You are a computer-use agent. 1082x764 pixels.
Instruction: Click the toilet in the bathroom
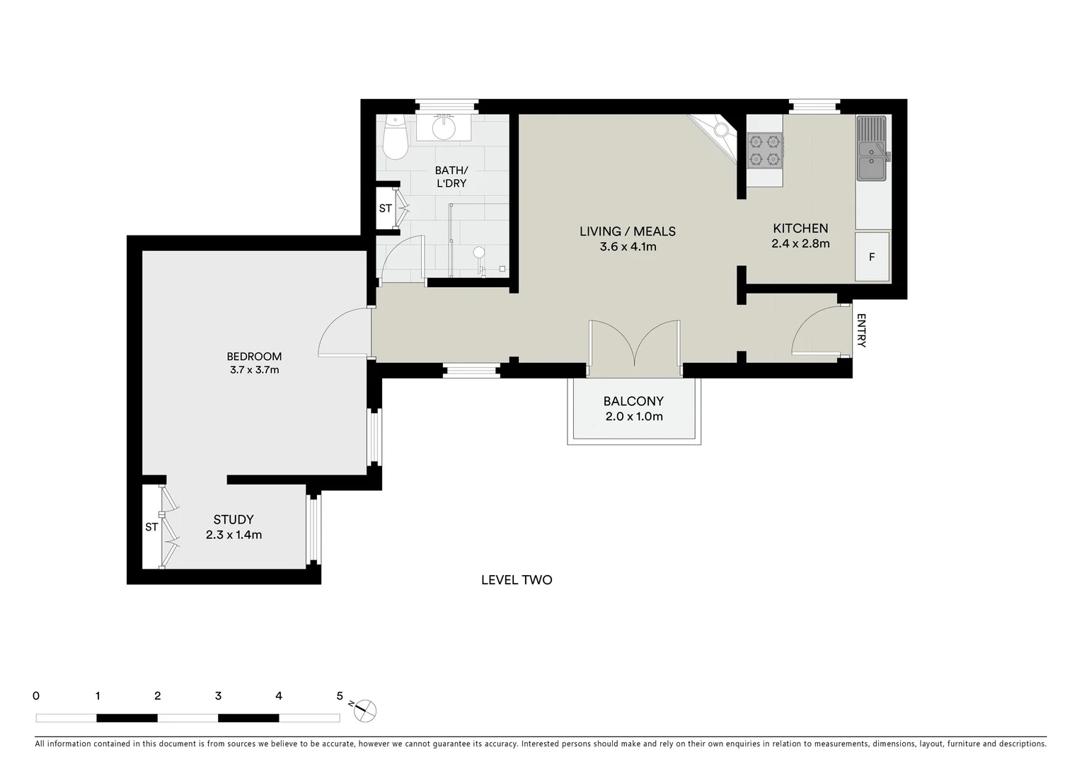tap(393, 139)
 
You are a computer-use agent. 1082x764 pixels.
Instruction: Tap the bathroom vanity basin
tap(444, 128)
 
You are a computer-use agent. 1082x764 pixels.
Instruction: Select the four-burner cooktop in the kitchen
tap(765, 151)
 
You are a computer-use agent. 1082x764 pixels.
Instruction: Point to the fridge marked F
tap(872, 257)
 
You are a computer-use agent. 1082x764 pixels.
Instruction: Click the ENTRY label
tap(861, 331)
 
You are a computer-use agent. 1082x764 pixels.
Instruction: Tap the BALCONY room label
tap(633, 401)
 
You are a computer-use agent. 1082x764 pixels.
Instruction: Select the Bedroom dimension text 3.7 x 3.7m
tap(254, 369)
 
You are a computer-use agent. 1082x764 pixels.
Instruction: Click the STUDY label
tap(234, 520)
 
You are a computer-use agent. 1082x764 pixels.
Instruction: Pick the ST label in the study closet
tap(151, 527)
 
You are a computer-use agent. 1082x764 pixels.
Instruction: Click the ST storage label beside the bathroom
tap(385, 208)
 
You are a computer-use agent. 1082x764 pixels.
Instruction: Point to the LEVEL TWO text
tap(517, 580)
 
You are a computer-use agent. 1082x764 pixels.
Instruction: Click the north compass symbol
tap(364, 710)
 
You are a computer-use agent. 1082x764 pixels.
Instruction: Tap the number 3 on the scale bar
tap(218, 696)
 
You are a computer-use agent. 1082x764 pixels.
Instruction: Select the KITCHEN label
tap(800, 228)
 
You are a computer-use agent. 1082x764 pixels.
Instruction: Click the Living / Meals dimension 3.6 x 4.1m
tap(628, 247)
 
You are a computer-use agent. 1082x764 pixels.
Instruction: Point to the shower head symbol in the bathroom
tap(480, 253)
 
